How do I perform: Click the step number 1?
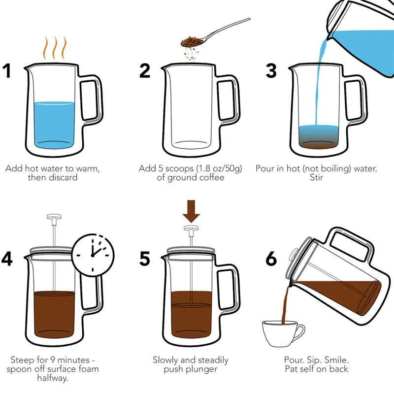pyautogui.click(x=7, y=70)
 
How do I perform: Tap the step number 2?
pyautogui.click(x=145, y=70)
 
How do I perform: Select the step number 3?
pyautogui.click(x=271, y=70)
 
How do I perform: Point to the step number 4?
pyautogui.click(x=7, y=259)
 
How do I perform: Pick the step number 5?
pyautogui.click(x=145, y=259)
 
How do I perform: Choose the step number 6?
pyautogui.click(x=271, y=259)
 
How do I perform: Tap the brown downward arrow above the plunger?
pyautogui.click(x=191, y=211)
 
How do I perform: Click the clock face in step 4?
pyautogui.click(x=93, y=255)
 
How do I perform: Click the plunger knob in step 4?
pyautogui.click(x=54, y=219)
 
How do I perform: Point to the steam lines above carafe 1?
pyautogui.click(x=55, y=48)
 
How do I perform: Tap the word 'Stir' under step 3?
pyautogui.click(x=316, y=177)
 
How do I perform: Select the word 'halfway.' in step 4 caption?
pyautogui.click(x=53, y=378)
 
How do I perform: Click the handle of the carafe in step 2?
pyautogui.click(x=229, y=100)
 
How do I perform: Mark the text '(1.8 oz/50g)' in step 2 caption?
pyautogui.click(x=218, y=168)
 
